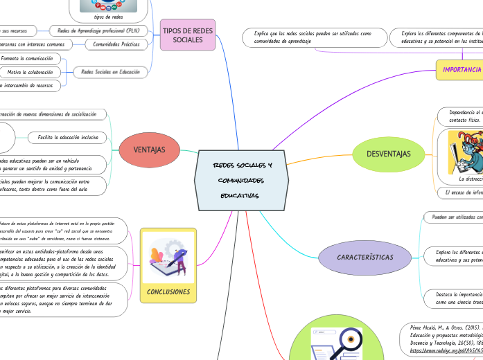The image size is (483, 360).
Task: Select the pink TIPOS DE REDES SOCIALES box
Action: point(188,34)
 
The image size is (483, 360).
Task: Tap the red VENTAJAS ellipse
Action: point(148,149)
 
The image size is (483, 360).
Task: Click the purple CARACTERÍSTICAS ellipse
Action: point(365,258)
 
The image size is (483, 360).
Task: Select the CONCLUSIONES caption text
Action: point(168,291)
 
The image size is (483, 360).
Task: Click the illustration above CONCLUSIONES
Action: point(168,258)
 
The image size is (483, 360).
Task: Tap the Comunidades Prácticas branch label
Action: point(116,45)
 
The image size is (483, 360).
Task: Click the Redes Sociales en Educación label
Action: point(111,71)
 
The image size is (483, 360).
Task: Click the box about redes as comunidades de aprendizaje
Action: point(313,37)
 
